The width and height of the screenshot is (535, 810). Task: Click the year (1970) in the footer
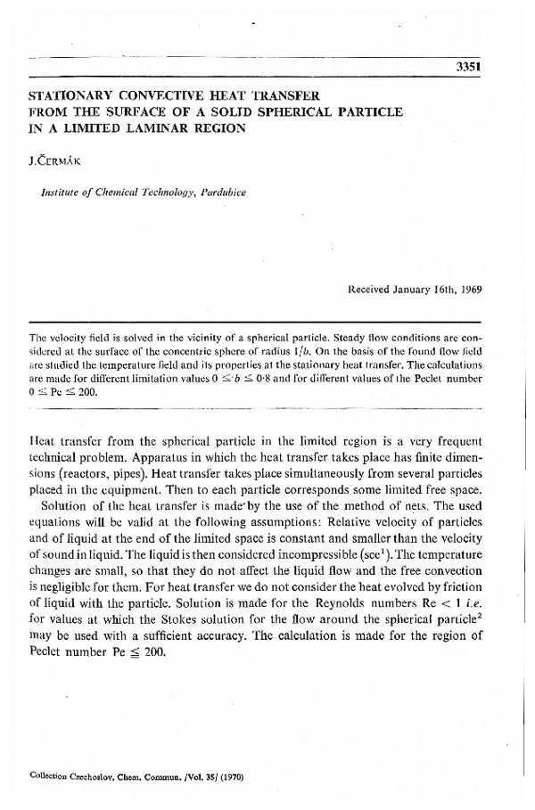tap(229, 777)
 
